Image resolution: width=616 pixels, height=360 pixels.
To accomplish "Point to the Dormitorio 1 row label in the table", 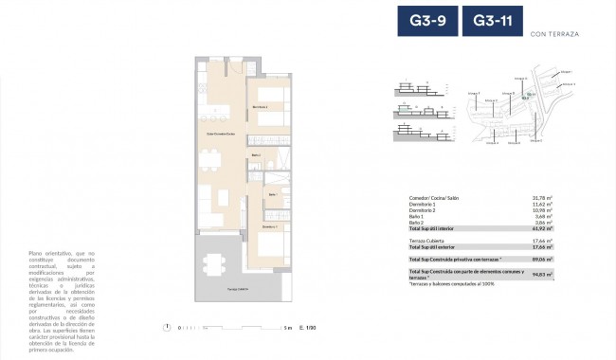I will tap(423, 204).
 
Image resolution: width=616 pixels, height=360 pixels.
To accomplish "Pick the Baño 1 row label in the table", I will tap(416, 216).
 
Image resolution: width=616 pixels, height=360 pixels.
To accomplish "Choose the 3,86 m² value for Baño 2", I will tap(546, 223).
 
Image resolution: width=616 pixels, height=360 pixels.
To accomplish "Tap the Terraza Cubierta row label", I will tap(426, 241).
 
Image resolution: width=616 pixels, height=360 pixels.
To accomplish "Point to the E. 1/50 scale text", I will tap(305, 328).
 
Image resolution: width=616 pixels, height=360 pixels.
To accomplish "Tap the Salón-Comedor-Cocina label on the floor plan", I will tap(221, 135).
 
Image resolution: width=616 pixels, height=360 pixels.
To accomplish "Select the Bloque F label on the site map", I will tap(472, 94).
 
